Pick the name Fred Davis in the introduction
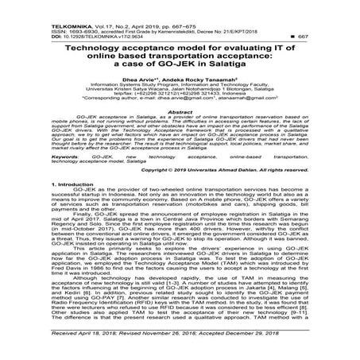tap(37, 285)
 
